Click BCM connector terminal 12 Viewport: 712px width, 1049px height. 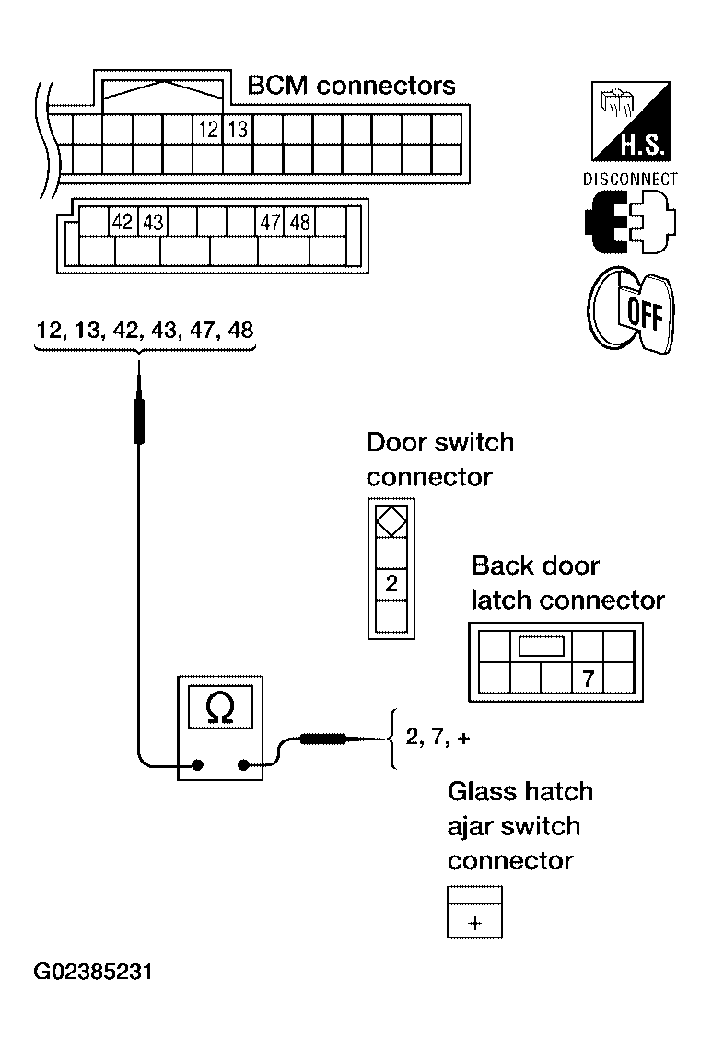(209, 129)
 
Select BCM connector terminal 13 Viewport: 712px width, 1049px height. (238, 129)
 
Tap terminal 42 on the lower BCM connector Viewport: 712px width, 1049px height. (123, 221)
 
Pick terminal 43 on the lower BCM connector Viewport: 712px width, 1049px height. (153, 221)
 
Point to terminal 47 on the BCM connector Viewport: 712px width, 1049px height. (271, 221)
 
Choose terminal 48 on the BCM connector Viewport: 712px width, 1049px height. (299, 221)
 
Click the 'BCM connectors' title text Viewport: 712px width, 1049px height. (351, 86)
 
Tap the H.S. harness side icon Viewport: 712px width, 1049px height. (631, 121)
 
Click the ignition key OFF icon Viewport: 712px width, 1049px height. (631, 309)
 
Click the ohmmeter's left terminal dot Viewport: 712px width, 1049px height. (197, 764)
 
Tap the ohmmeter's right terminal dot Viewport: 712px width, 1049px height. (243, 764)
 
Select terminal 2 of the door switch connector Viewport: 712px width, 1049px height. (391, 584)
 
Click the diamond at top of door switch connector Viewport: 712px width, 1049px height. (391, 521)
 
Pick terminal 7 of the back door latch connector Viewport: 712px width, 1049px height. (589, 679)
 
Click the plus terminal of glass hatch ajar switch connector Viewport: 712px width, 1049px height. (475, 923)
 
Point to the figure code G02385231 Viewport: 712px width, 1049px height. (93, 972)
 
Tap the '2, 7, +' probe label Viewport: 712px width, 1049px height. (438, 737)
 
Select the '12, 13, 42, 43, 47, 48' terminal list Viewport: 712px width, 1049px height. (146, 330)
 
